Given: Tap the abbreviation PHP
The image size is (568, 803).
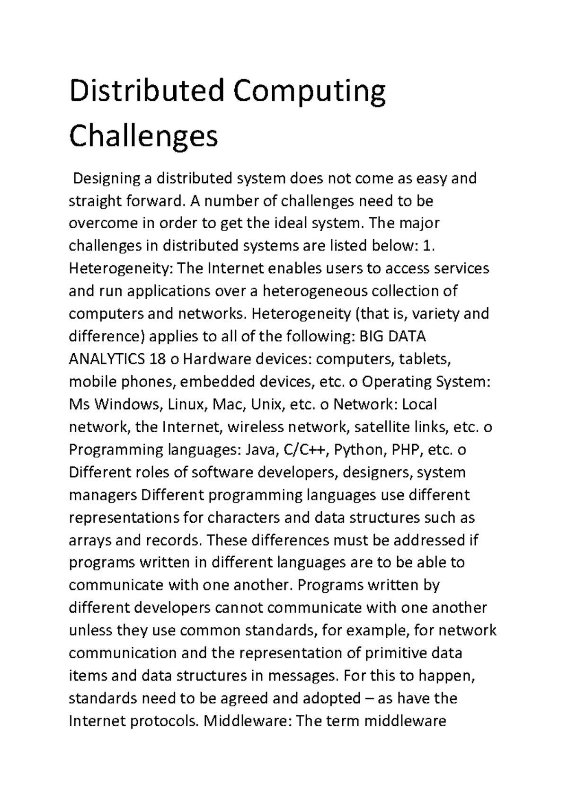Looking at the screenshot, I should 407,449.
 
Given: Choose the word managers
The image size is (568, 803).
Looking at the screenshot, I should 102,495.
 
